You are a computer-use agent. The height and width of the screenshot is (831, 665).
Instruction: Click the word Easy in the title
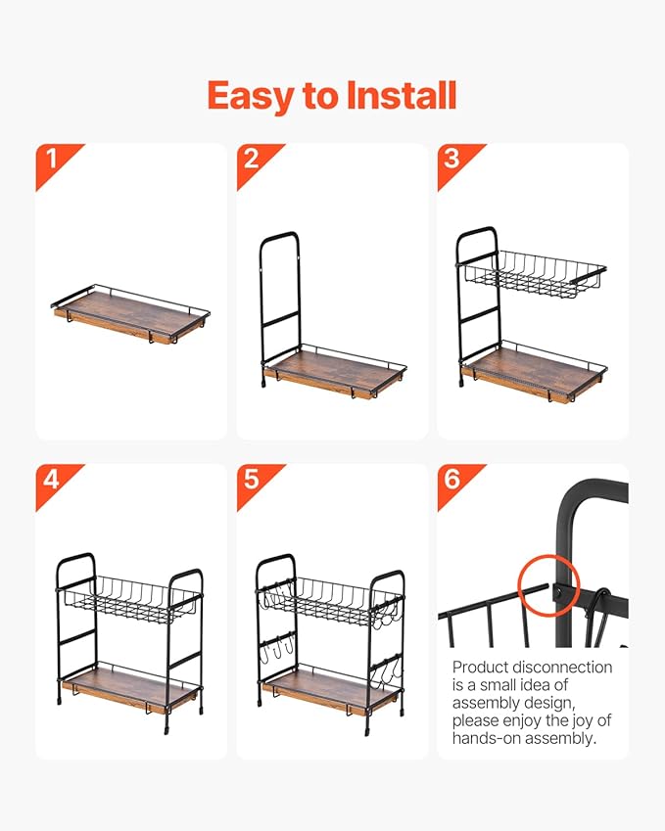point(252,97)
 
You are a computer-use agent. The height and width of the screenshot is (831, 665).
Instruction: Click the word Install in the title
point(401,95)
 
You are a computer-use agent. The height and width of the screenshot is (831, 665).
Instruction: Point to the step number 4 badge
point(57,484)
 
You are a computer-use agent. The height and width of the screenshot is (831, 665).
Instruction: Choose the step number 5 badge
point(258,484)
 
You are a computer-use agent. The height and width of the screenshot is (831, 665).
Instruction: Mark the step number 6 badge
point(458,484)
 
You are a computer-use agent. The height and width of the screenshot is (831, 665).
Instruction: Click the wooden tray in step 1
point(130,314)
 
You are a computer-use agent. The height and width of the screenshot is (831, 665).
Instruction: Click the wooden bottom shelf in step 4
point(130,689)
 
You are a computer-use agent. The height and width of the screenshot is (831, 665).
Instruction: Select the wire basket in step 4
point(131,599)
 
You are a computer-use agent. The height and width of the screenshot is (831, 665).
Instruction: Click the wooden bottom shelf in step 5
point(329,689)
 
